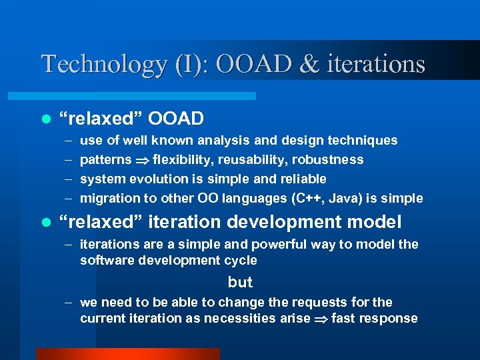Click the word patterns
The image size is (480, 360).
tap(105, 160)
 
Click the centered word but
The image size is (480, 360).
tap(240, 282)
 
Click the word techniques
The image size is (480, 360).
tap(363, 140)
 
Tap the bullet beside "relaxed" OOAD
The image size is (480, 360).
tap(45, 119)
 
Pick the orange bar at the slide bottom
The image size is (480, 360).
tap(127, 354)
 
